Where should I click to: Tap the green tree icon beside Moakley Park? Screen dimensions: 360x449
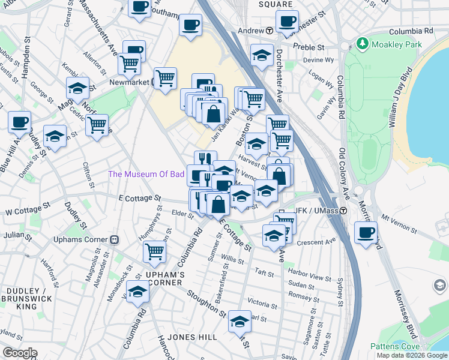(362, 43)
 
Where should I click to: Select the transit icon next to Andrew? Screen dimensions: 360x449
(270, 30)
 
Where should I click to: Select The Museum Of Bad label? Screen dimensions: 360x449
(146, 174)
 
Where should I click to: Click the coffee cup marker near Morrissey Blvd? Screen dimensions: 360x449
(366, 232)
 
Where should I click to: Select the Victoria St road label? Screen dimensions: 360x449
(262, 303)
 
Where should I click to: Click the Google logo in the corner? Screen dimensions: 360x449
(19, 353)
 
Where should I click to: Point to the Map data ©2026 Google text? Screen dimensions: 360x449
(411, 355)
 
